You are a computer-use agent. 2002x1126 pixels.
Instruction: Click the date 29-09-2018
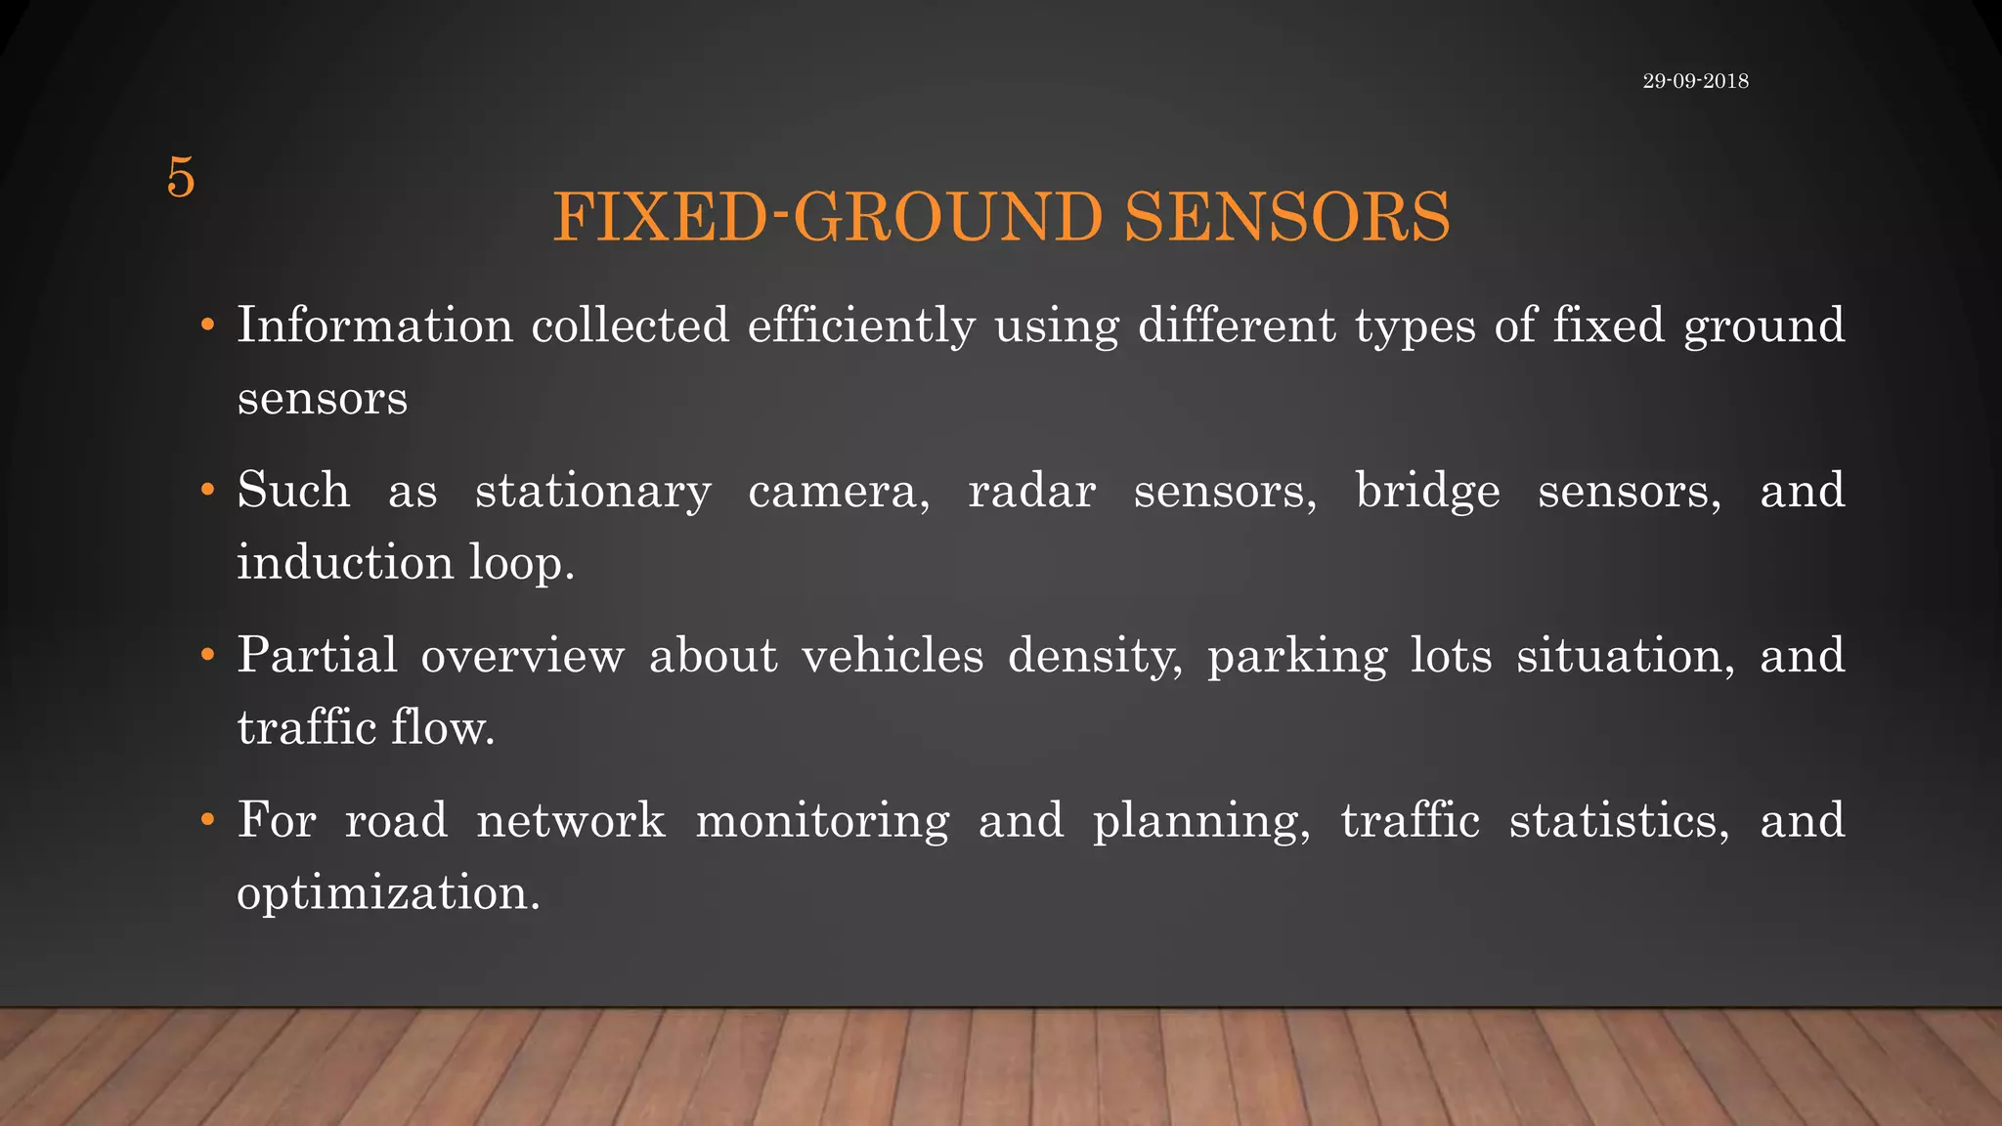(x=1695, y=81)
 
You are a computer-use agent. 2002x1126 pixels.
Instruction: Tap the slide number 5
(x=181, y=178)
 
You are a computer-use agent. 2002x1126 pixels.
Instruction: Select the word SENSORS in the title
(x=1286, y=217)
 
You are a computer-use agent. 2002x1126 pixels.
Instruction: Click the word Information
(x=374, y=325)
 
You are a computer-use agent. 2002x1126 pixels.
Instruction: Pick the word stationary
(x=592, y=491)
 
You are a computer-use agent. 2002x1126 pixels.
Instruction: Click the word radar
(x=1031, y=491)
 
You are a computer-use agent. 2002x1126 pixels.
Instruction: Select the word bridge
(x=1427, y=491)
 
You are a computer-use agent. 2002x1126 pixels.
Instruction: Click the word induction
(x=345, y=562)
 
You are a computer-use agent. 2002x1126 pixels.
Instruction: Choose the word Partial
(x=317, y=655)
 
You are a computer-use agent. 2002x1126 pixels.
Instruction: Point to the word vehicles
(x=892, y=655)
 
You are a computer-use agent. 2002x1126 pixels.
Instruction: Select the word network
(x=571, y=820)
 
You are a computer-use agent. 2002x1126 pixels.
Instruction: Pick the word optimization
(x=388, y=893)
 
